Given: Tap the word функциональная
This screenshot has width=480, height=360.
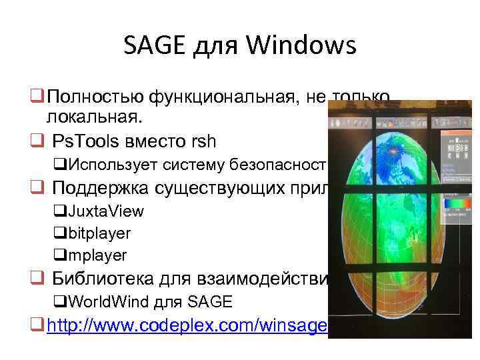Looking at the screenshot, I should (x=210, y=99).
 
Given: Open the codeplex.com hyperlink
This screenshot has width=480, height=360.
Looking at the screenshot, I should (x=186, y=325).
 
